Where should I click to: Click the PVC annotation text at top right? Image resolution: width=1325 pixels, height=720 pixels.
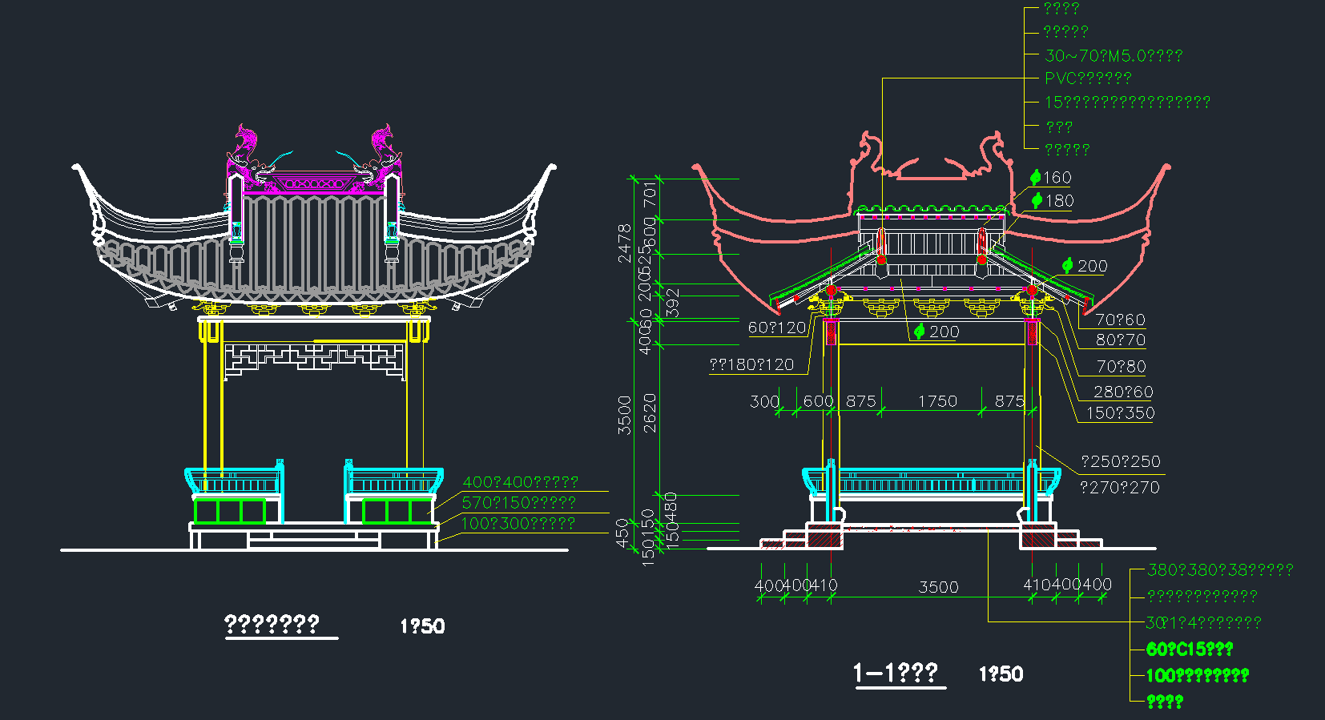1087,78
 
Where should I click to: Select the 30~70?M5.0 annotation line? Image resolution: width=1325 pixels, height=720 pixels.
1113,56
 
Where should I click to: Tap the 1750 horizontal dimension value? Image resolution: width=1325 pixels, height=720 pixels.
937,401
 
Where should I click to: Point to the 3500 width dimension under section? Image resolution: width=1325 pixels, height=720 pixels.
938,587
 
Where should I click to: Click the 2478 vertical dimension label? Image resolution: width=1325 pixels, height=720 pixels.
625,243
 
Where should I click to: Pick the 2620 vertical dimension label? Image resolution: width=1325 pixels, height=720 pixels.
650,412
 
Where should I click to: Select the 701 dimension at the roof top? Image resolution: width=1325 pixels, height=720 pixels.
650,193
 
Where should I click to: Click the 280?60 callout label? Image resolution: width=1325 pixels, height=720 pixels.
1123,392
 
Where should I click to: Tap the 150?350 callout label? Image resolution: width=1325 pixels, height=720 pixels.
1120,413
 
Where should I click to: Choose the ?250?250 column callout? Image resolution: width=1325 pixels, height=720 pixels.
1120,461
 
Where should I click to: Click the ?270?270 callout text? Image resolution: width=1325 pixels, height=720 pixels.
1119,487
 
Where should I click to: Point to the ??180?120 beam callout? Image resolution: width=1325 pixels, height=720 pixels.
751,365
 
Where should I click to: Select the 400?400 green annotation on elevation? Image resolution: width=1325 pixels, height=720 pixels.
520,482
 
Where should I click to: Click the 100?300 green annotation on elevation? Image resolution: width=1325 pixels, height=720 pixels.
518,524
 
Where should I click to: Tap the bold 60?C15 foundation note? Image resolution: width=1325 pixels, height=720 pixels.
1189,649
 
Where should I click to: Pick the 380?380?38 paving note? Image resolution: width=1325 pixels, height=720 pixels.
1219,570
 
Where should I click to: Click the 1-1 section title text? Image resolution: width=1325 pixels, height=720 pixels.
895,673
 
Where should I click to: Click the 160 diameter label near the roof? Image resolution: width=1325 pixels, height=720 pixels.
1051,178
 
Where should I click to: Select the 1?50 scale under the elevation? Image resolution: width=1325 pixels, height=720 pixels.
422,626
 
